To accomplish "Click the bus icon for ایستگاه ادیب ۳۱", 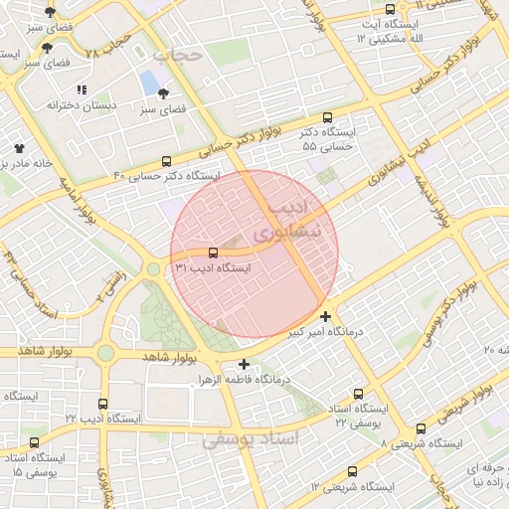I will click(x=213, y=253).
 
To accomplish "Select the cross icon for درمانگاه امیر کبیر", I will click(x=326, y=316).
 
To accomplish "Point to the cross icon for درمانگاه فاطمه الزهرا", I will click(x=245, y=364).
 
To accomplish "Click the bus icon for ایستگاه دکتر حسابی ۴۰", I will click(x=166, y=160).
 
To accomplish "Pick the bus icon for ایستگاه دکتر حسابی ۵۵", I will click(x=329, y=117).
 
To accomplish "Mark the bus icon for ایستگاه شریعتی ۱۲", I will click(x=352, y=471).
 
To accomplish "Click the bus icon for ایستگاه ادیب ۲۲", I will click(x=104, y=403).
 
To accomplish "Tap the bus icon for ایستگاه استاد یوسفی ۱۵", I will click(x=36, y=442).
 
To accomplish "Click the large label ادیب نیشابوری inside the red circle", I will click(x=285, y=221).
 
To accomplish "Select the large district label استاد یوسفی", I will click(x=249, y=438).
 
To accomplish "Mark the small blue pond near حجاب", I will click(x=148, y=81).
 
